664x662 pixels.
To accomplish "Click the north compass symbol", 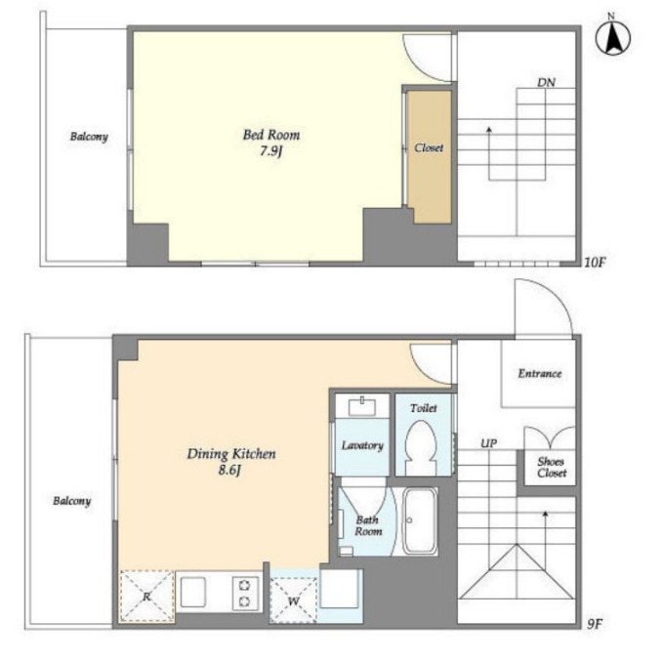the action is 612,36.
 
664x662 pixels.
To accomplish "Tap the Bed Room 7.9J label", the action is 271,143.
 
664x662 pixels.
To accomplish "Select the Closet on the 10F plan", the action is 429,156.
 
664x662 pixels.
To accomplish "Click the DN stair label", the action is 546,82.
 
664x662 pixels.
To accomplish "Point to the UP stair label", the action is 488,443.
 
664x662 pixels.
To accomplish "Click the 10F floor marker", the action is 595,263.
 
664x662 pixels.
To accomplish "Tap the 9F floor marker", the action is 594,624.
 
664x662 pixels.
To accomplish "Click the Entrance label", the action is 539,373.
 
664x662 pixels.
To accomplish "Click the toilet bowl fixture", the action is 421,448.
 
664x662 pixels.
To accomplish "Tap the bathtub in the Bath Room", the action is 419,520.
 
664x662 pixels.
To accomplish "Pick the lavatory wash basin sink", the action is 362,406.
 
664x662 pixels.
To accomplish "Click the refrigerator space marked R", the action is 146,597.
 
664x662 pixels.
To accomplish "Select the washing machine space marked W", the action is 293,600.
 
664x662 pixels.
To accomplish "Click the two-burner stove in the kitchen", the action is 244,594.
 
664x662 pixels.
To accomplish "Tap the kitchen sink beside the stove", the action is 193,593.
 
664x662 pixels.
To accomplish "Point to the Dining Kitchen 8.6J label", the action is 231,462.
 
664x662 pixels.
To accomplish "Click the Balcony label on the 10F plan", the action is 89,137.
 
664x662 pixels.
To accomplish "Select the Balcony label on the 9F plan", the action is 72,501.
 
